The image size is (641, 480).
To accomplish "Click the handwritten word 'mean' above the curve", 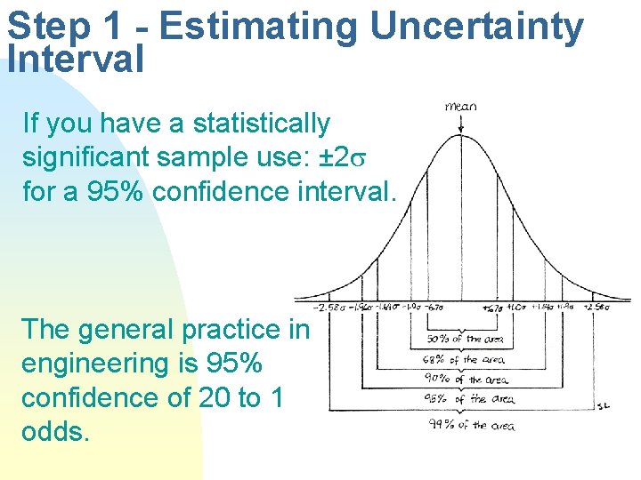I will pos(460,106).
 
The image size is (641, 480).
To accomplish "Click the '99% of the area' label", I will pos(473,425).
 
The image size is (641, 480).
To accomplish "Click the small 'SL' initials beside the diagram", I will pos(603,405).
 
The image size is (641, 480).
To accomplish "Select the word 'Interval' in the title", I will pos(75,60).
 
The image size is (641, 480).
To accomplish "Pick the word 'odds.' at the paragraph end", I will pos(55,431).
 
